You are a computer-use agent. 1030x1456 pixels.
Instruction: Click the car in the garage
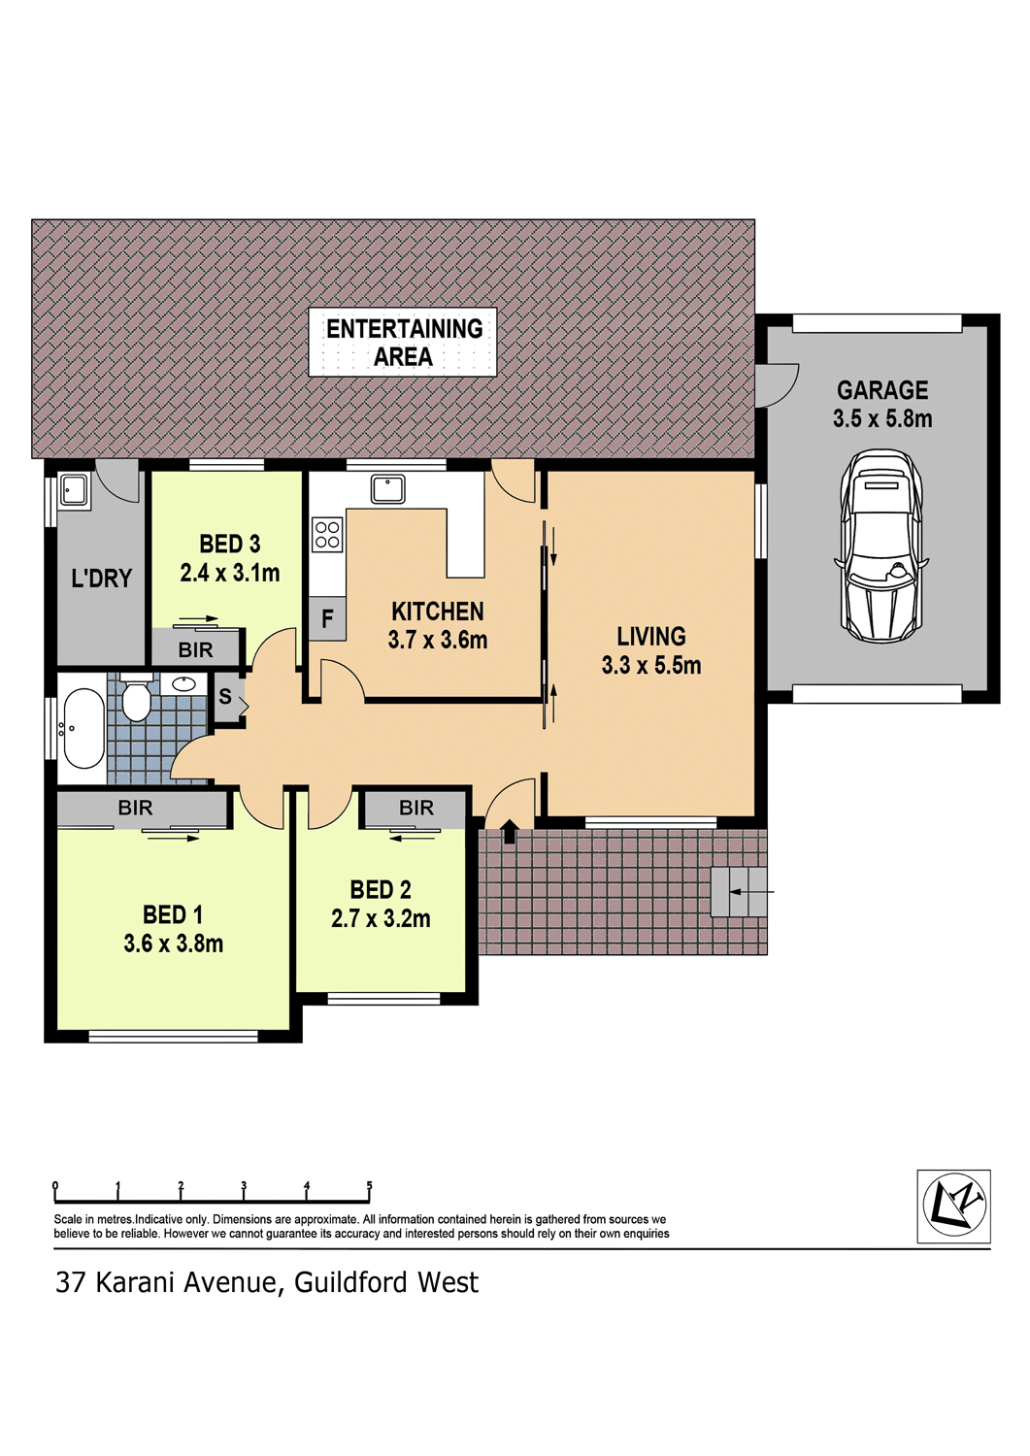pos(881,546)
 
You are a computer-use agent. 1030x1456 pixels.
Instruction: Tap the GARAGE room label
pos(882,390)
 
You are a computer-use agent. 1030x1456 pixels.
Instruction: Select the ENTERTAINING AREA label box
pos(403,342)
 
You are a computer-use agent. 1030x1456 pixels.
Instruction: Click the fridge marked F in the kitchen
pos(327,617)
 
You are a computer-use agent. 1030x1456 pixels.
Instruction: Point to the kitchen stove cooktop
pos(327,534)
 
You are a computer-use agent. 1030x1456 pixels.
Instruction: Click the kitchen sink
pos(388,488)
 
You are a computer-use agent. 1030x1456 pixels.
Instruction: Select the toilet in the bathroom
pos(136,697)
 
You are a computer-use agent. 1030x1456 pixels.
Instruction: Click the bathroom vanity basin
pos(183,683)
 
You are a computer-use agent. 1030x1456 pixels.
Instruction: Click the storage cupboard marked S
pos(227,697)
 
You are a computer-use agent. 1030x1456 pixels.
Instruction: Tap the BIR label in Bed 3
pos(195,649)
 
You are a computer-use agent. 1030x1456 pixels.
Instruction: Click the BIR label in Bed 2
pos(416,808)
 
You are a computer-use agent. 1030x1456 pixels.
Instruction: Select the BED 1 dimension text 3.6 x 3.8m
pos(174,943)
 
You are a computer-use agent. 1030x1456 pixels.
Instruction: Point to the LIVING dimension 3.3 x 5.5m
pos(651,665)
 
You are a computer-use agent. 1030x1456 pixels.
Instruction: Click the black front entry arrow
pos(509,831)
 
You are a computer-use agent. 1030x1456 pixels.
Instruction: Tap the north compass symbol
pos(954,1208)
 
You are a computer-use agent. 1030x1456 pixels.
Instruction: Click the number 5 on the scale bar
pos(369,1185)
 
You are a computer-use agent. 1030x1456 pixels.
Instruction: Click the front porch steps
pos(739,892)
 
